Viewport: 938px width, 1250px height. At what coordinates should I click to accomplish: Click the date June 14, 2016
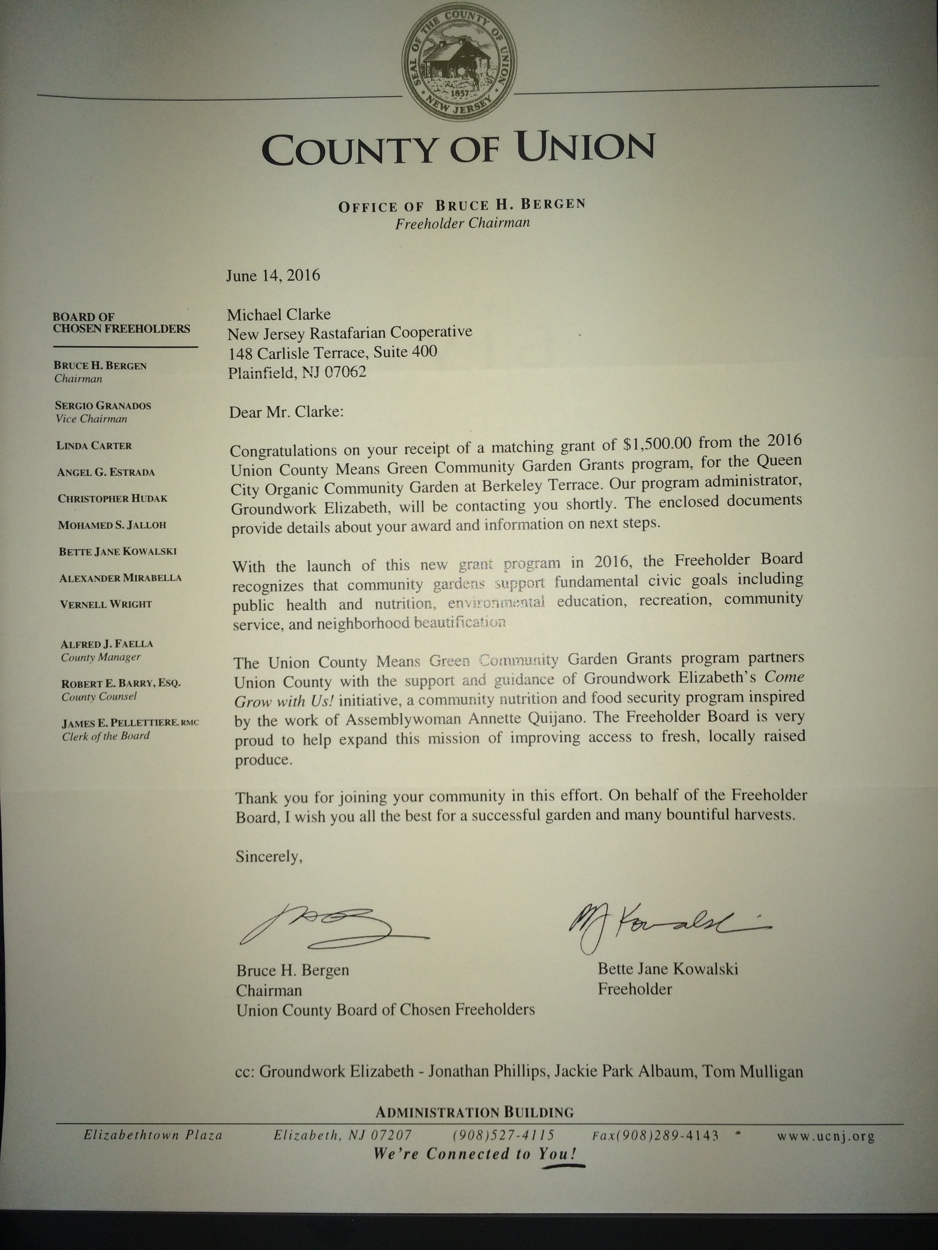pos(273,276)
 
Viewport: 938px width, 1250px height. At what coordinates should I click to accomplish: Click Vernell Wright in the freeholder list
pos(106,604)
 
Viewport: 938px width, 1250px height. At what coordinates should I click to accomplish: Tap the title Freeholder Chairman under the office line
pos(462,223)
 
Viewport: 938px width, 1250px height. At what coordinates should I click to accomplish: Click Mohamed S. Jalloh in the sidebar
pos(112,525)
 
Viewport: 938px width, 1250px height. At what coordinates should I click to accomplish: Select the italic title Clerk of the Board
pos(106,736)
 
